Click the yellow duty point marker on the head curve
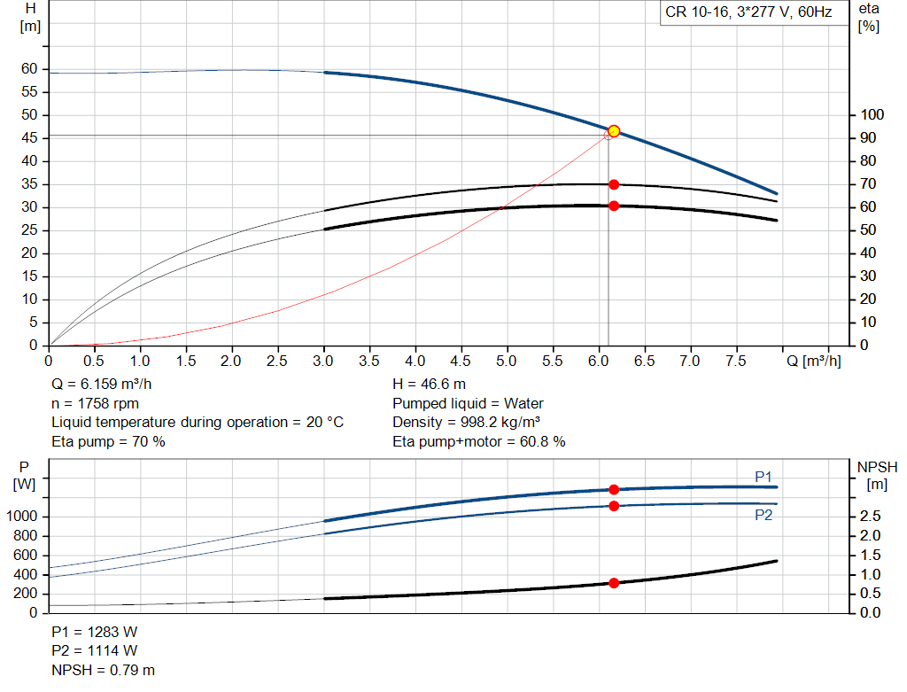pos(614,131)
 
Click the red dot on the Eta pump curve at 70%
pos(614,184)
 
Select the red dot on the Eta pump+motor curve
pos(614,206)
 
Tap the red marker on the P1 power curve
pos(614,489)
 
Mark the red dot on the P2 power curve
pos(614,506)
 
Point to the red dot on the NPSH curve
pos(614,583)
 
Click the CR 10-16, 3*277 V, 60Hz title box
pos(748,13)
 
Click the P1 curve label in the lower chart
pos(764,478)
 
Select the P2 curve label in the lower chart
pos(764,515)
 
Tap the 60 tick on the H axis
pos(29,69)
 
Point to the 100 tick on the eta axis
pos(872,115)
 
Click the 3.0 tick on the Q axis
pos(323,361)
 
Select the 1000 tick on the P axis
pos(22,517)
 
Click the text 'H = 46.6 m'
pos(429,385)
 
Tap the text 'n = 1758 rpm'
pos(93,403)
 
